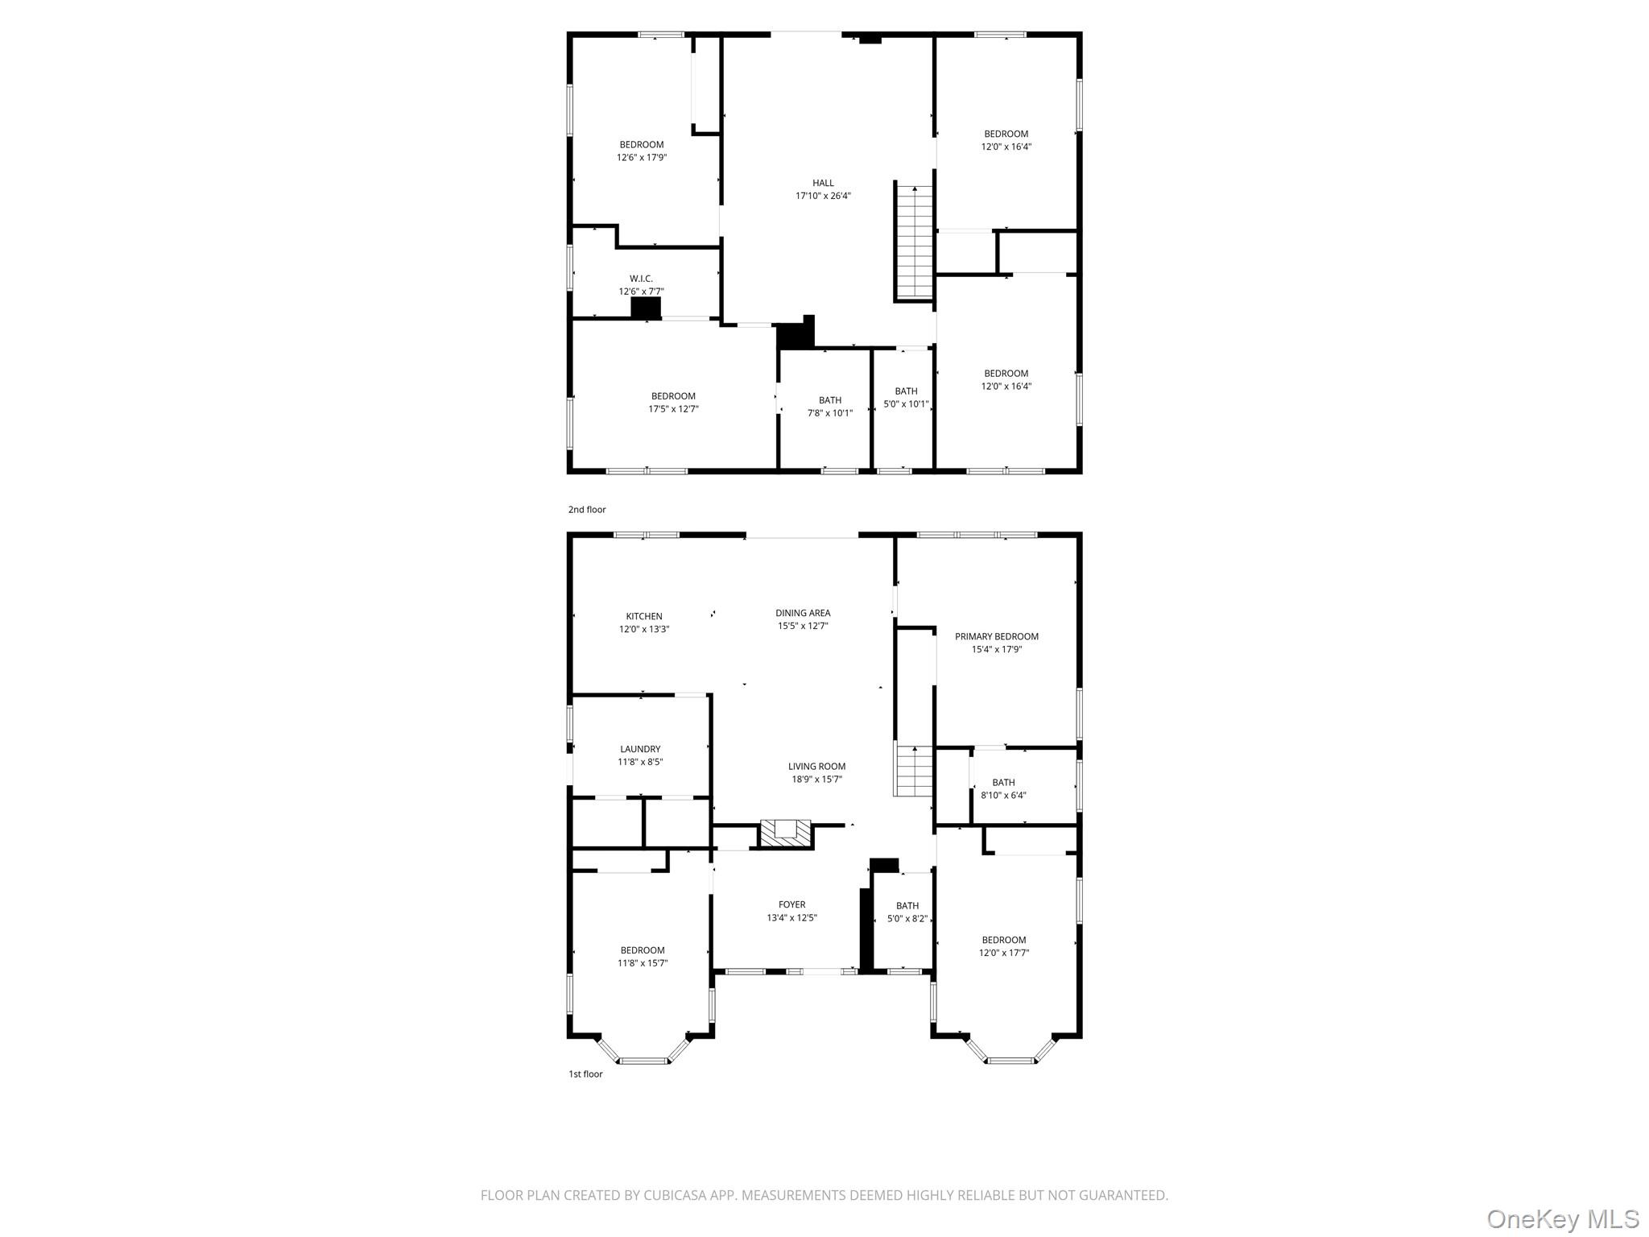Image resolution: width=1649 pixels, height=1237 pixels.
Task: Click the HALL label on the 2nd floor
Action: (823, 183)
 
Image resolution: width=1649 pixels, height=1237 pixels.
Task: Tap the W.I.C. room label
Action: (641, 279)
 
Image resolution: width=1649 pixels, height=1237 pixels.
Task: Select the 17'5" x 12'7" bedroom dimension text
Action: (673, 409)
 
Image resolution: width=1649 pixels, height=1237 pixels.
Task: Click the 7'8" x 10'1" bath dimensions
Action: (829, 413)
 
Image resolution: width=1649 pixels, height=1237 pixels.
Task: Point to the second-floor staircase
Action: (915, 242)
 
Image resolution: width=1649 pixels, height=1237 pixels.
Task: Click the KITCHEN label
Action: (644, 616)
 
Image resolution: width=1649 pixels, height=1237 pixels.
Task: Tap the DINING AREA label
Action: (803, 613)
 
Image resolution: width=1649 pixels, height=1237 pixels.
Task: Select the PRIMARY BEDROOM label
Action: (996, 636)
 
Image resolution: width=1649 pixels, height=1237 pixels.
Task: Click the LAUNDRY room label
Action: (640, 749)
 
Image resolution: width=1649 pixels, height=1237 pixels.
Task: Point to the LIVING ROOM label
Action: (816, 767)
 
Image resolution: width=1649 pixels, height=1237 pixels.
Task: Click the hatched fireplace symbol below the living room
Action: (786, 833)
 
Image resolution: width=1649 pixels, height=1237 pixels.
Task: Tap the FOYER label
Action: (791, 904)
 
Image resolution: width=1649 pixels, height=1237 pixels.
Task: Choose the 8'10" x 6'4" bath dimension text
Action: (1003, 796)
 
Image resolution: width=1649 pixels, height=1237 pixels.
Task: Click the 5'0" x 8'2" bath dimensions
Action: (907, 919)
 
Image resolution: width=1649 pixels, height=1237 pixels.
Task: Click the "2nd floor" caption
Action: (587, 510)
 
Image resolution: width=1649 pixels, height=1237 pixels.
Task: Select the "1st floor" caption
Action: (585, 1074)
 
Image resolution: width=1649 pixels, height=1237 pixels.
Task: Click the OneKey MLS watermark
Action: (1562, 1218)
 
